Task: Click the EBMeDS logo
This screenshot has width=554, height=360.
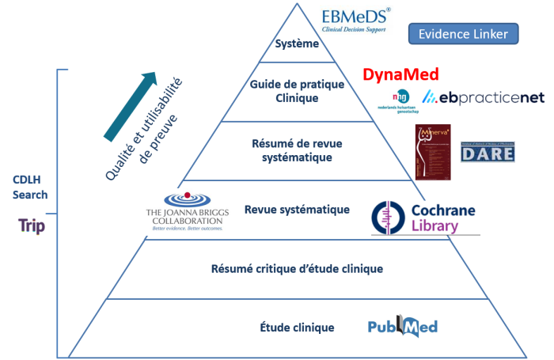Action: (354, 20)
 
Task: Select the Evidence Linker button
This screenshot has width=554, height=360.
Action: (463, 33)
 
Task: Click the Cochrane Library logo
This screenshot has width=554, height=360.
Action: (426, 217)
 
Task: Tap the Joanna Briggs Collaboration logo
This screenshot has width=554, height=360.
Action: (184, 212)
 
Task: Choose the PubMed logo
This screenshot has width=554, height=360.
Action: (403, 327)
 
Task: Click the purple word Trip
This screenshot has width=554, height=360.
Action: (32, 226)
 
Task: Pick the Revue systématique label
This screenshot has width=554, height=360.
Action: (297, 210)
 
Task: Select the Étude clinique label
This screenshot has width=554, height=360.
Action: (297, 327)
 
